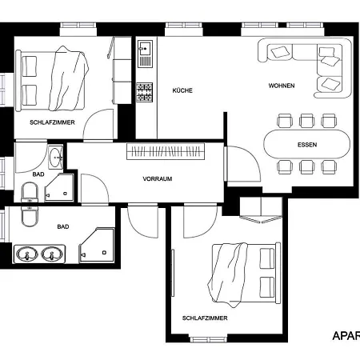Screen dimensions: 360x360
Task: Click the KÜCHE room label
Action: click(x=182, y=90)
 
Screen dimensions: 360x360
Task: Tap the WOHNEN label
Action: click(x=282, y=86)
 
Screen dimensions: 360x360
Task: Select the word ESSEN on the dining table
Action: click(x=307, y=145)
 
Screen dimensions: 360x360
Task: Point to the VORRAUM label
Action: click(x=158, y=178)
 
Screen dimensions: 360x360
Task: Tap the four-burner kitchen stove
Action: click(x=145, y=92)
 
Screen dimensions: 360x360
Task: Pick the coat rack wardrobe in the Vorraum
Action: click(x=166, y=151)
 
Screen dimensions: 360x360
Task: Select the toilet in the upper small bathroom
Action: click(x=30, y=193)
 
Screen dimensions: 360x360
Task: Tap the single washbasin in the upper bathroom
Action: click(x=55, y=158)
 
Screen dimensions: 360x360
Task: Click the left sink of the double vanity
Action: click(x=26, y=254)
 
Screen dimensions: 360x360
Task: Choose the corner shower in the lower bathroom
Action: click(x=97, y=245)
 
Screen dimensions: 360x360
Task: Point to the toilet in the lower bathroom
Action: click(x=30, y=216)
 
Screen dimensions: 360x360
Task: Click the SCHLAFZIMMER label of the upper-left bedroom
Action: click(x=52, y=122)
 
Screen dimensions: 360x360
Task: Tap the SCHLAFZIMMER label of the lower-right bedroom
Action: click(x=205, y=318)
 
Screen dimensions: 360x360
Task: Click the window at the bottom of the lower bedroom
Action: click(x=208, y=339)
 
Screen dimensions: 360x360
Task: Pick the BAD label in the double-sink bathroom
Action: click(x=63, y=226)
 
